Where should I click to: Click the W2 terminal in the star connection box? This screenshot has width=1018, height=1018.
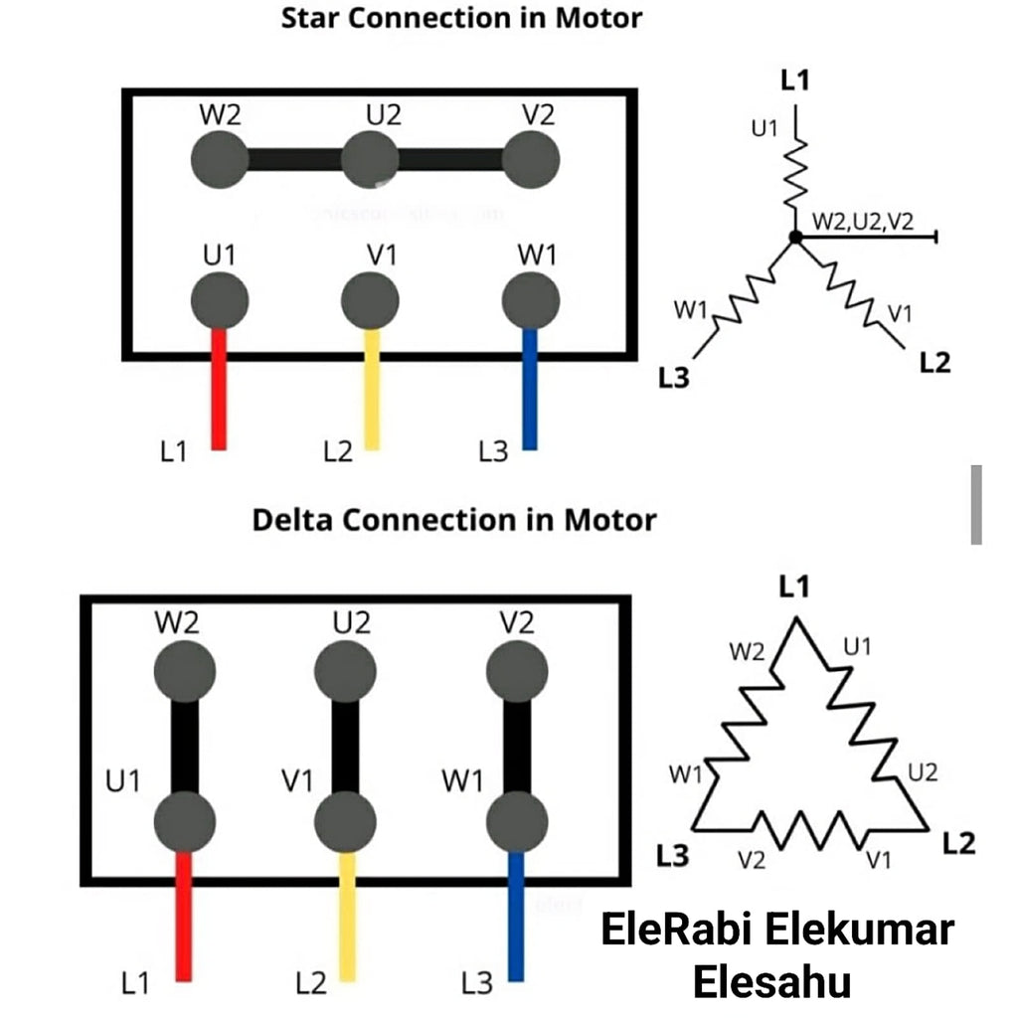pyautogui.click(x=218, y=159)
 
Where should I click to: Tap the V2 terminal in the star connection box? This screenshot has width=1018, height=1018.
pyautogui.click(x=531, y=159)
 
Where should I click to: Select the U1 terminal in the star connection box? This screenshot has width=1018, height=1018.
pyautogui.click(x=220, y=298)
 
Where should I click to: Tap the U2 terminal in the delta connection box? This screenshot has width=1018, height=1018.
pyautogui.click(x=345, y=671)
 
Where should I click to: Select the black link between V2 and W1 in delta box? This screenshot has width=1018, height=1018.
pyautogui.click(x=516, y=746)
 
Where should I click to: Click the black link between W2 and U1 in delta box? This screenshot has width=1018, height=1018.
pyautogui.click(x=186, y=746)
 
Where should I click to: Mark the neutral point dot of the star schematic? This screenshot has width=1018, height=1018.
pyautogui.click(x=794, y=237)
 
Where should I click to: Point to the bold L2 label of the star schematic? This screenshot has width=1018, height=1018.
pyautogui.click(x=934, y=363)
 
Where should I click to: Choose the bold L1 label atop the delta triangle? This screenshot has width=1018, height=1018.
pyautogui.click(x=793, y=589)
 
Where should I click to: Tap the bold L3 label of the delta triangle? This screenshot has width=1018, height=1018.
pyautogui.click(x=673, y=855)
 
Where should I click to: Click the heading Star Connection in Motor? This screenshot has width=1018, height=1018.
pyautogui.click(x=461, y=18)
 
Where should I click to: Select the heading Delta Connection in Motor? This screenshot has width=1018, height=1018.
pyautogui.click(x=454, y=520)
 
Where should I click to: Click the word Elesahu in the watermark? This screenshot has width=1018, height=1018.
pyautogui.click(x=771, y=982)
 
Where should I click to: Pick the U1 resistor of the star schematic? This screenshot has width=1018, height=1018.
pyautogui.click(x=795, y=169)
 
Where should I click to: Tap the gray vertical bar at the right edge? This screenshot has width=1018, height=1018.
pyautogui.click(x=976, y=504)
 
